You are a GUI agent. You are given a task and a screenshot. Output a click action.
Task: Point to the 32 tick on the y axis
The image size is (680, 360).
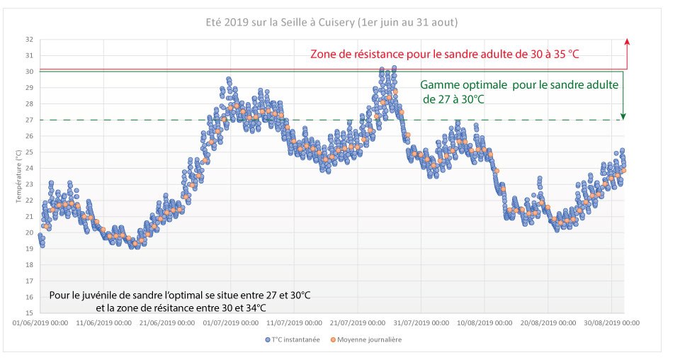tap(29, 40)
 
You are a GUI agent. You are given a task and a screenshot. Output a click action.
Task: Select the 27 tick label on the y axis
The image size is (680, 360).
tap(29, 120)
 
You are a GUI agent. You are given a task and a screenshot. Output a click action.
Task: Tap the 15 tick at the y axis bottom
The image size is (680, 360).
tap(29, 313)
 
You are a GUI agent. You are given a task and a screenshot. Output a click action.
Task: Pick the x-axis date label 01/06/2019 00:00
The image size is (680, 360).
tap(40, 323)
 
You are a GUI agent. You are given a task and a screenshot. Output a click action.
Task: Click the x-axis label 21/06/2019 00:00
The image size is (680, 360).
tap(166, 323)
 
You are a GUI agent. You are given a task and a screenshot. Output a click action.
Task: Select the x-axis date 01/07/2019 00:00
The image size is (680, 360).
tap(230, 323)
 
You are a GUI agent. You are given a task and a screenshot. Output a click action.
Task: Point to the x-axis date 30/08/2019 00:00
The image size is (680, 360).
tap(611, 323)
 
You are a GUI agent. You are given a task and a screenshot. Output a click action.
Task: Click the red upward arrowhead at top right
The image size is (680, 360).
tap(628, 43)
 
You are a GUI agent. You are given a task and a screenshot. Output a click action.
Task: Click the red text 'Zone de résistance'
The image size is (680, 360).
tap(361, 54)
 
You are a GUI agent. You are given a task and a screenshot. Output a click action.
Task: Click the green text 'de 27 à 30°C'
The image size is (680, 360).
tap(453, 99)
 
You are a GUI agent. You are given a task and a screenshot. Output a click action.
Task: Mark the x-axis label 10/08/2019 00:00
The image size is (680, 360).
tap(484, 323)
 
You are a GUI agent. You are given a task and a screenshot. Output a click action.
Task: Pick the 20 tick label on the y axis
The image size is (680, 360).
tap(29, 232)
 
